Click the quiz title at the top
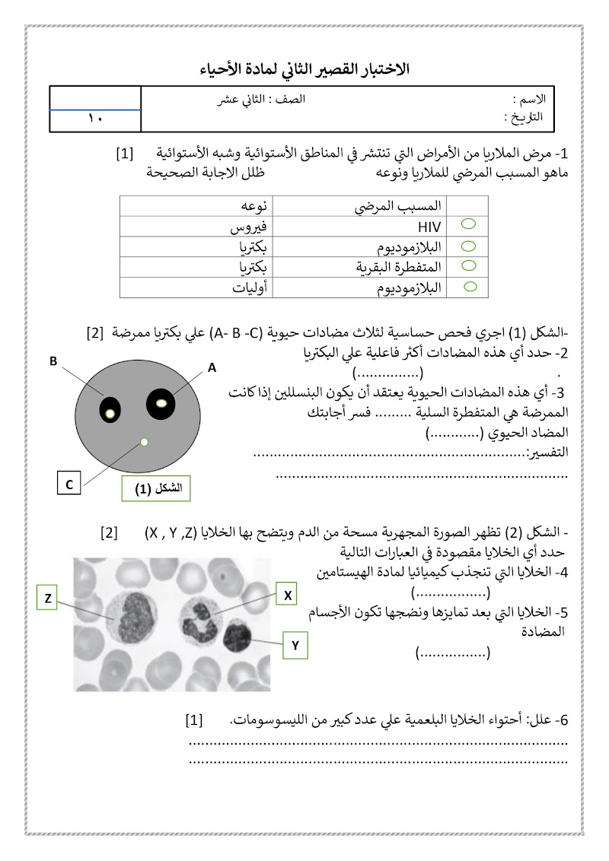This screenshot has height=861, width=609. (x=304, y=69)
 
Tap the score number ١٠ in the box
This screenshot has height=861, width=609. (x=95, y=119)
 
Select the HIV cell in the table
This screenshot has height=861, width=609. (x=429, y=227)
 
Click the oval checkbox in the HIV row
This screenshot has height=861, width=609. (x=470, y=224)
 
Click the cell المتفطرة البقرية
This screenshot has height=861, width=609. (x=400, y=268)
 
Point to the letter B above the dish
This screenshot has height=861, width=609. (x=54, y=362)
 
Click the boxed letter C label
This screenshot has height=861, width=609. (x=69, y=484)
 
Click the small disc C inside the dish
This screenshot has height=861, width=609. (x=144, y=442)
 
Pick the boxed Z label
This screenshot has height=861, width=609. (x=47, y=599)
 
